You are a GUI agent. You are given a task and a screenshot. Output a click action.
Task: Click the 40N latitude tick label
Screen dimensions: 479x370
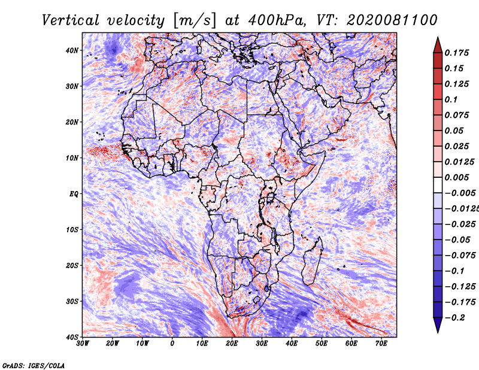(x=72, y=50)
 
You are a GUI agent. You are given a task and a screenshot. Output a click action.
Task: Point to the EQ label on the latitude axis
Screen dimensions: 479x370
(x=74, y=194)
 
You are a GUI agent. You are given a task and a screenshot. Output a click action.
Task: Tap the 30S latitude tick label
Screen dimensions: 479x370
(x=72, y=302)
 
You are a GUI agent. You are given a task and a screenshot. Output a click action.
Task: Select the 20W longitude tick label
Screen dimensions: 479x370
(x=113, y=344)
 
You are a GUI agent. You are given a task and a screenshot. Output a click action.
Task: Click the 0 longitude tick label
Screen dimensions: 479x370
(x=172, y=344)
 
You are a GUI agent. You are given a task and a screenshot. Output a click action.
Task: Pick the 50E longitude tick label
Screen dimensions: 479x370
(x=322, y=344)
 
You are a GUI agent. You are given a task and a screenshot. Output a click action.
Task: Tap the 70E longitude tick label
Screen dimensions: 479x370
(x=381, y=344)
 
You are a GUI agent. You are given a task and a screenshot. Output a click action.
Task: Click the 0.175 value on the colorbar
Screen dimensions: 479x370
(x=456, y=53)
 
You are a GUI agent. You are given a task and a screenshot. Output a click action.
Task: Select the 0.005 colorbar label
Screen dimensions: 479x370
(x=456, y=177)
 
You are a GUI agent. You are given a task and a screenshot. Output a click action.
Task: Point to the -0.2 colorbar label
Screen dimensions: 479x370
(x=455, y=318)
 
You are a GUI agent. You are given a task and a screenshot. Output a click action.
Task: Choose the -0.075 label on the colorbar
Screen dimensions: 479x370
(x=460, y=256)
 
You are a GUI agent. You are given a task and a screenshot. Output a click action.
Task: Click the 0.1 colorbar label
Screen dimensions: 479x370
(x=451, y=100)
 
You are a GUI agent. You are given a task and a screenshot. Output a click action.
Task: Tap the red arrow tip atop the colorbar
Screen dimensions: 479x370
(x=438, y=38)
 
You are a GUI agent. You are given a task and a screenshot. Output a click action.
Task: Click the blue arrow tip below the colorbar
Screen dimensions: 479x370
(x=438, y=332)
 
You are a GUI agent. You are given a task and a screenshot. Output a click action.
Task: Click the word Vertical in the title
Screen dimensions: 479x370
(x=71, y=20)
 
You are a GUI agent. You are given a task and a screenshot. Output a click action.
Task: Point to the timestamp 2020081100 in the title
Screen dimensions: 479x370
(x=392, y=20)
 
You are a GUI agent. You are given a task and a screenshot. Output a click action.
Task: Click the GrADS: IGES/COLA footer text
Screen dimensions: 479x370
(x=34, y=366)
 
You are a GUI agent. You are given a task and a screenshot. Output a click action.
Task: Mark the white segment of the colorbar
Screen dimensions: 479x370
(x=438, y=185)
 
